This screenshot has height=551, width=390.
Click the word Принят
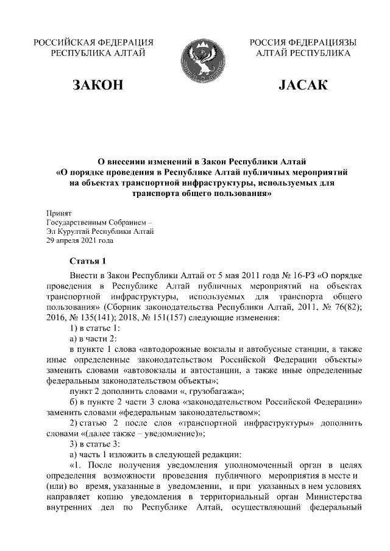(x=59, y=214)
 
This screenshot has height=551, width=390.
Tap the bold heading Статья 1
(x=87, y=261)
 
